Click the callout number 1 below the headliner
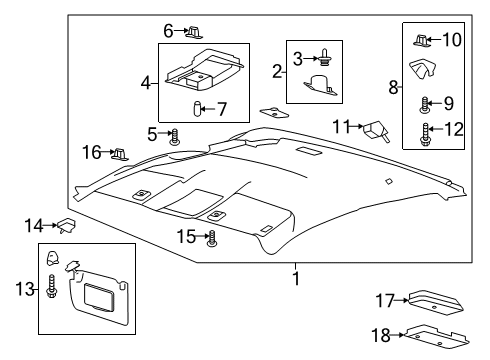295,277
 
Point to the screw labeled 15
212,238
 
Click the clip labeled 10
423,40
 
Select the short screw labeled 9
426,103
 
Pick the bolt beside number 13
51,288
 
